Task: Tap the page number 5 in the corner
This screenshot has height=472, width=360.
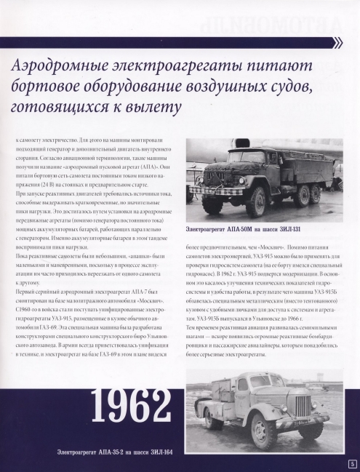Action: coord(352,464)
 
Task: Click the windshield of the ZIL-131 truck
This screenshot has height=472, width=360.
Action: coord(217,157)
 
